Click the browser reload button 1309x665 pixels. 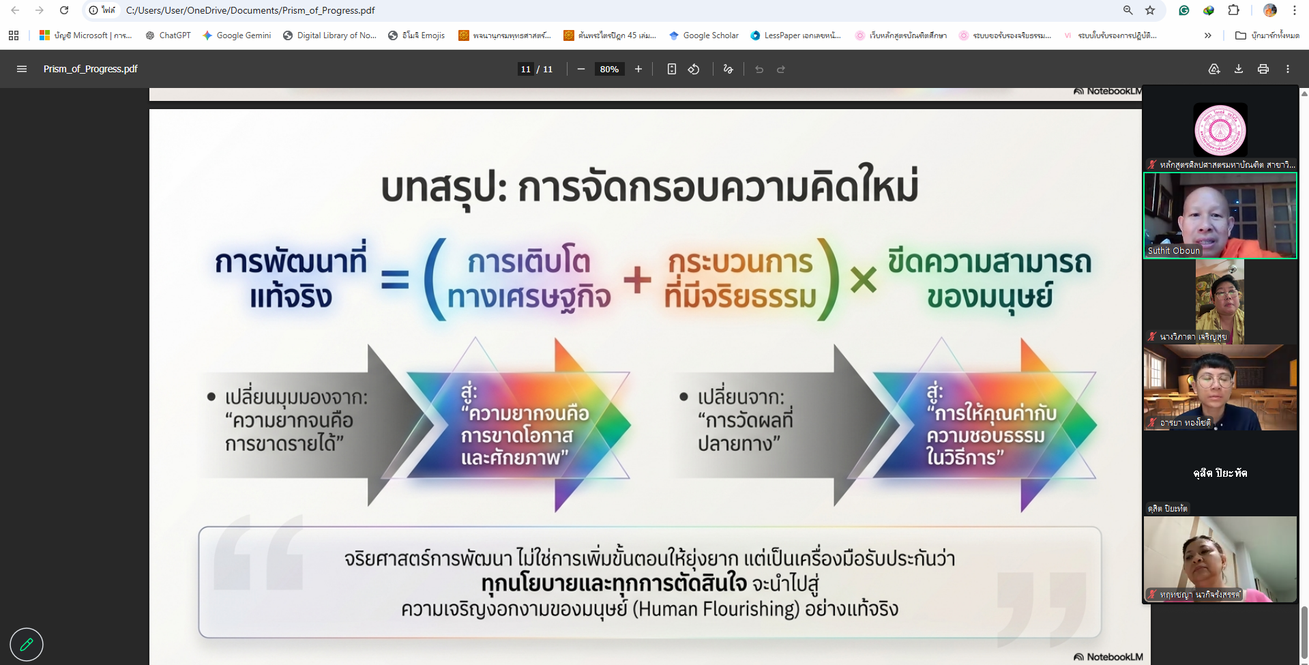(64, 10)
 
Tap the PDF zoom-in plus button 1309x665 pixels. (638, 69)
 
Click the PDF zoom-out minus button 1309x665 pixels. (581, 69)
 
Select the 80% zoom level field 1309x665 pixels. (609, 69)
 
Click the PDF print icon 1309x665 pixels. (1263, 69)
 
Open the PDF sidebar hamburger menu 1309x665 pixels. (22, 69)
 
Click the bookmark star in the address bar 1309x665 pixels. (1150, 10)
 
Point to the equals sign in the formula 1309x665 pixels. (395, 280)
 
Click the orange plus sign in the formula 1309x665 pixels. (637, 280)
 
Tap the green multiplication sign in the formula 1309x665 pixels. (864, 280)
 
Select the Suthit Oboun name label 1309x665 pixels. (1173, 250)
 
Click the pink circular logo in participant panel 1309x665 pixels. (1220, 130)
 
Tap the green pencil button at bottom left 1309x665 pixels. (27, 644)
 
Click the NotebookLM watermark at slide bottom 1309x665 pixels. (1108, 657)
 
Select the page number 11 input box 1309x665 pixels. (525, 69)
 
